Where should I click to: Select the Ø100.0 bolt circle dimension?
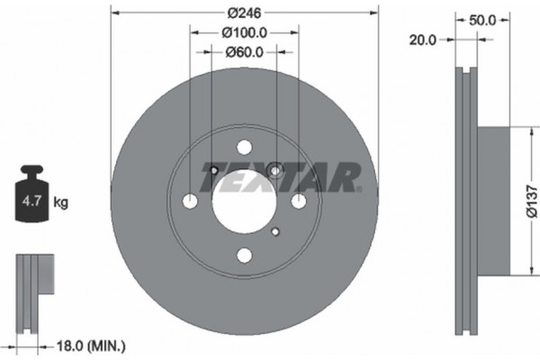pyautogui.click(x=243, y=33)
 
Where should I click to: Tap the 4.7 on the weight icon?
pyautogui.click(x=29, y=202)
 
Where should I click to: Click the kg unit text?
pyautogui.click(x=61, y=202)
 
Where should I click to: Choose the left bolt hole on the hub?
pyautogui.click(x=191, y=202)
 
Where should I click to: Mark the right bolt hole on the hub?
pyautogui.click(x=297, y=202)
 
